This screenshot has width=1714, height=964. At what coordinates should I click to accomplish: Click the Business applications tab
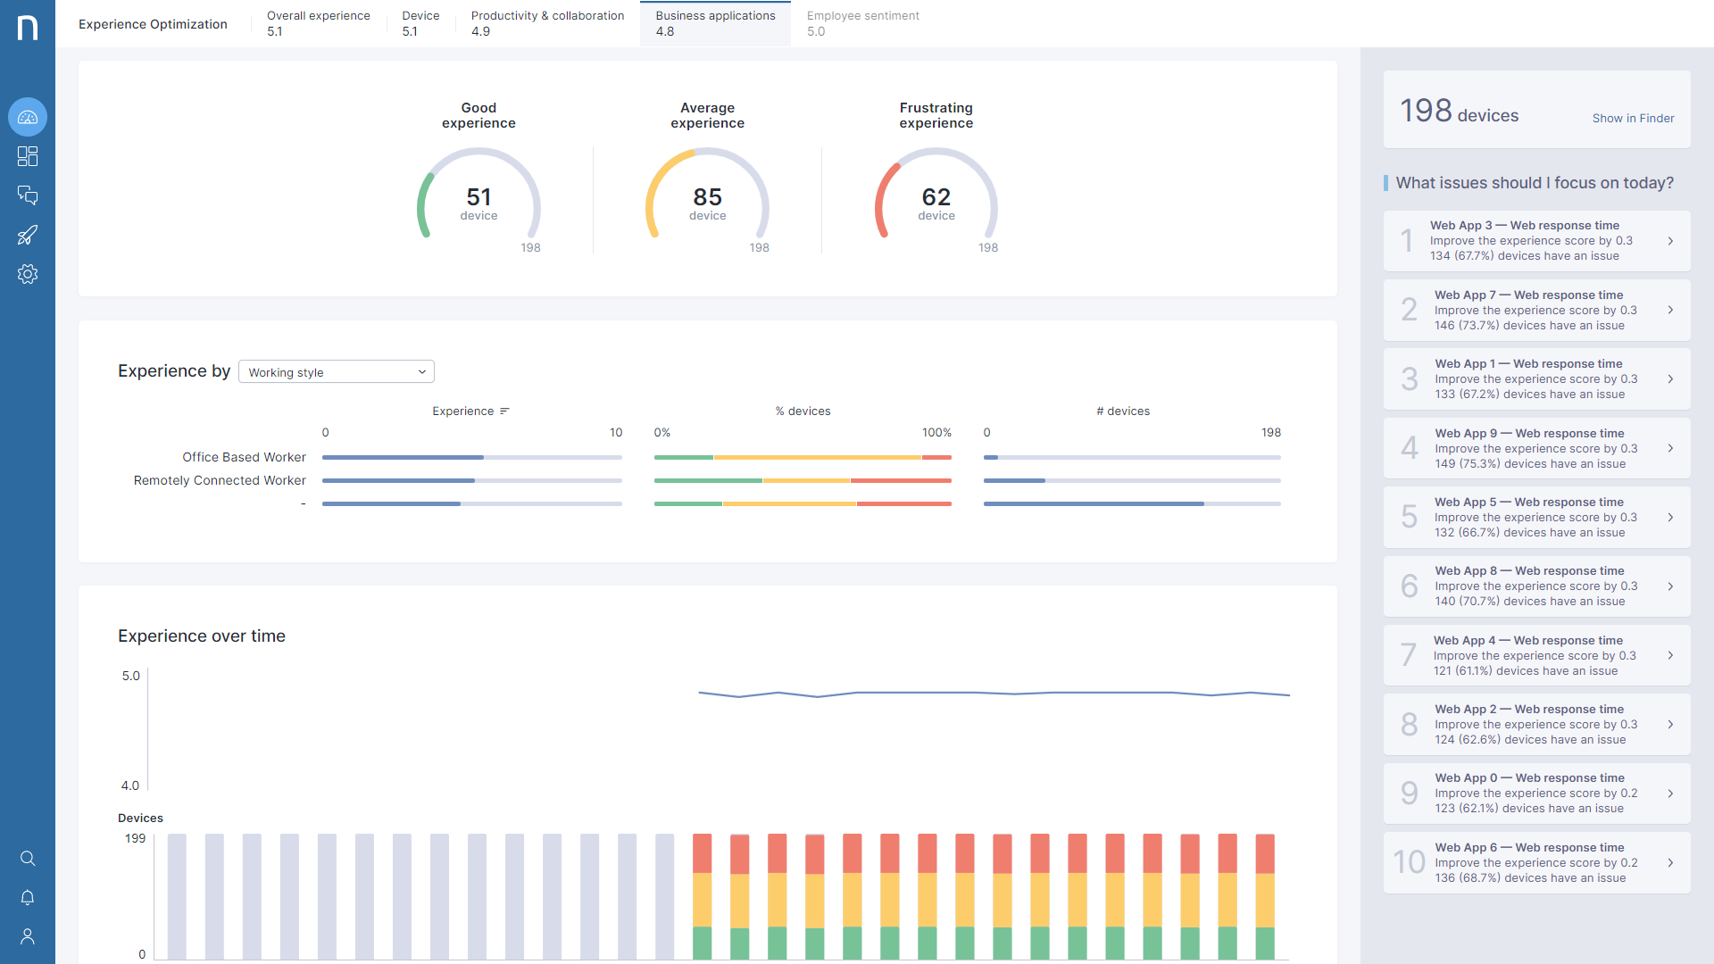tap(715, 23)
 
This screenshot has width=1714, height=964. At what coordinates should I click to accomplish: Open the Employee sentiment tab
tap(862, 23)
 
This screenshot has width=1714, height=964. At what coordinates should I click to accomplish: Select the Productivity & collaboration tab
tap(547, 23)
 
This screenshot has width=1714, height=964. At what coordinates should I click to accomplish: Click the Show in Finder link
tap(1633, 118)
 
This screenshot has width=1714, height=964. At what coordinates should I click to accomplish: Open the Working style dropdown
tap(337, 372)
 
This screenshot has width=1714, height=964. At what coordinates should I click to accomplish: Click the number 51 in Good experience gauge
tap(478, 196)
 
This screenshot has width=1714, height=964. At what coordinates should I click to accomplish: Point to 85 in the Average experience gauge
tap(707, 196)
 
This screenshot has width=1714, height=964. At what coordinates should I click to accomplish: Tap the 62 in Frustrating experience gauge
tap(936, 196)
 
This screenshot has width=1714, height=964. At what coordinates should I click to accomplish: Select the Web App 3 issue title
tap(1524, 226)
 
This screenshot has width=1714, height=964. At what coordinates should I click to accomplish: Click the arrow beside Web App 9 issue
tap(1670, 448)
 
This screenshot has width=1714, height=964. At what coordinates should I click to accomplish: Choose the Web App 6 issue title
tap(1529, 848)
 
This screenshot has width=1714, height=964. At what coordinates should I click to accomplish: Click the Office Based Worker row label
tap(244, 457)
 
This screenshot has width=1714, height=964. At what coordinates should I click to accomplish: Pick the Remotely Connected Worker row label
tap(220, 480)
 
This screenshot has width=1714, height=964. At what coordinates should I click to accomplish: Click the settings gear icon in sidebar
tap(28, 274)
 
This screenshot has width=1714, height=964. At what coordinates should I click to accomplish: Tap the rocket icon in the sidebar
tap(28, 235)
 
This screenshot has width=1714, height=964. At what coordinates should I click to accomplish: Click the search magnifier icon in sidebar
tap(28, 859)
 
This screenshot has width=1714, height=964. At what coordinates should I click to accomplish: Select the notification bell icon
tap(28, 897)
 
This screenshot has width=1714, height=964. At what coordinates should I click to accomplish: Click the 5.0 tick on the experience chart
tap(131, 677)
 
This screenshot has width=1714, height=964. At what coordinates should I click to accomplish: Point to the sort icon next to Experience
tap(504, 411)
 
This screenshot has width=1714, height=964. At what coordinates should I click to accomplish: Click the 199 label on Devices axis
tap(135, 839)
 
